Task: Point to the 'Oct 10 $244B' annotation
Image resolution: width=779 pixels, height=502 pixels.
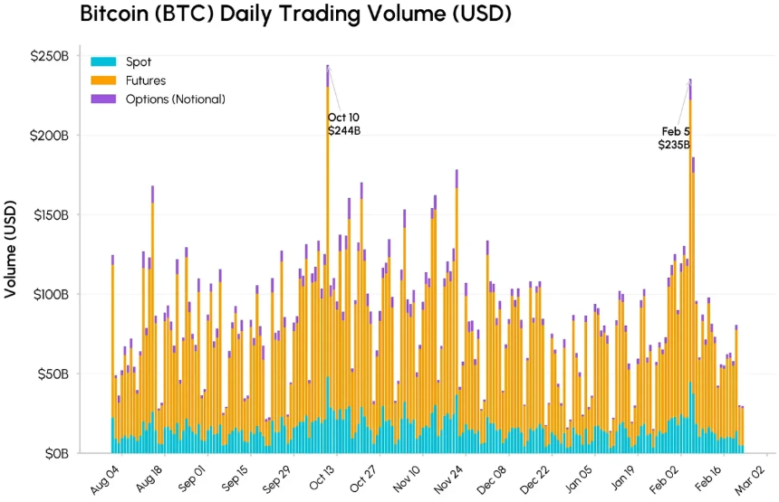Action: click(x=344, y=124)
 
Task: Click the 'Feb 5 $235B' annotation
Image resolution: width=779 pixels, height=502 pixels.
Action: click(x=674, y=137)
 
